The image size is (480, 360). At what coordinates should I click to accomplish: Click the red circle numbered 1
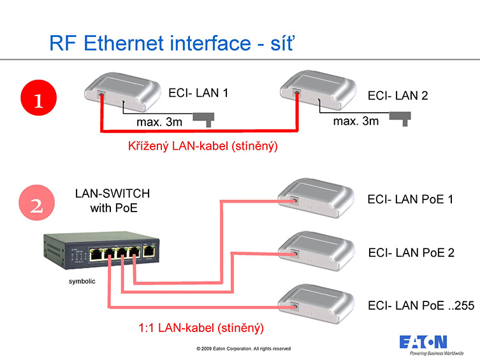pos(38,101)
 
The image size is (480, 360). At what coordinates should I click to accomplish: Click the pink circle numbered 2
pos(38,206)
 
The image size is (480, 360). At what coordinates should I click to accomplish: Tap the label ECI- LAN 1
pos(198,93)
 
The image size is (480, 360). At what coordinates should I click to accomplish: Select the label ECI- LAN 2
pos(398,96)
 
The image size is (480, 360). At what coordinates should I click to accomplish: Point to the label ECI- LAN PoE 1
pos(411,199)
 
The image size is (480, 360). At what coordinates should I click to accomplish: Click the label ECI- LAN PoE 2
pos(411,252)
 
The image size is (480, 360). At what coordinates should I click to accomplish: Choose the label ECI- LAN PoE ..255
pos(421,306)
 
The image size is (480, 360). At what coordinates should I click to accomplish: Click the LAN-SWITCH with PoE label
pos(113,200)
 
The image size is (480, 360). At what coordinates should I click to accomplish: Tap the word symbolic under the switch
pos(82,281)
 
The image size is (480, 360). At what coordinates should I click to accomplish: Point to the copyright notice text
pos(244,349)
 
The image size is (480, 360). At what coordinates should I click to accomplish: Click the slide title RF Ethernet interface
pos(172,43)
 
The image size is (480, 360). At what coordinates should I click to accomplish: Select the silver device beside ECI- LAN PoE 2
pos(317,251)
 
